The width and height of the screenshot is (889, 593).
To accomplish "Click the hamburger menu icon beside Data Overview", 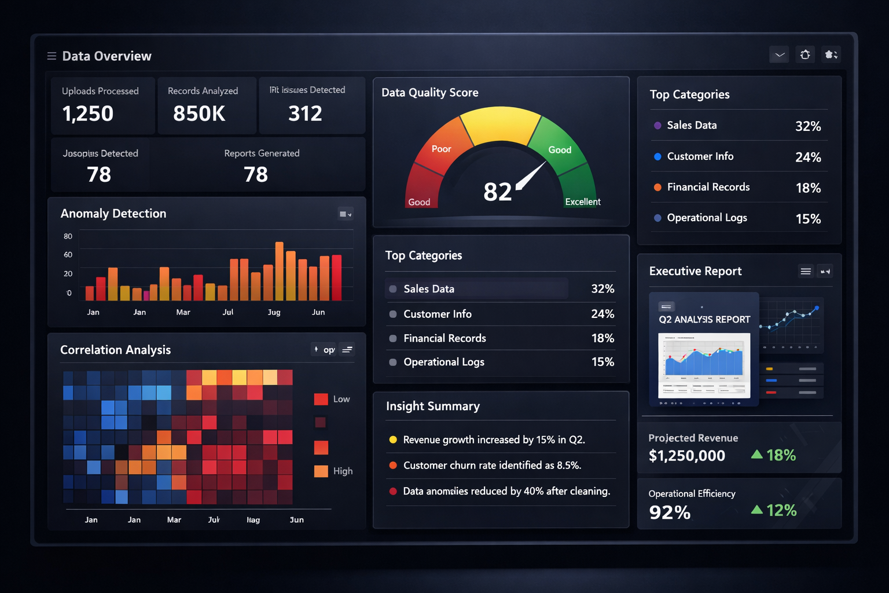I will (x=52, y=56).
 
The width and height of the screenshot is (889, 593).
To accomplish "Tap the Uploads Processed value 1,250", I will (x=88, y=114).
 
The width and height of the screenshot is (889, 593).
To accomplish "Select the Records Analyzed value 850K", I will (x=199, y=114).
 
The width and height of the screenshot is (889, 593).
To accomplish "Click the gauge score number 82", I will (x=498, y=192).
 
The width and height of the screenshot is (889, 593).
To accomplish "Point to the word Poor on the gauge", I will (x=441, y=149).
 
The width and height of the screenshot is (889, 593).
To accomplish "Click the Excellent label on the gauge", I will (x=582, y=202).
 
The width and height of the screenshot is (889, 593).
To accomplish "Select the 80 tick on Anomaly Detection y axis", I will (x=68, y=236).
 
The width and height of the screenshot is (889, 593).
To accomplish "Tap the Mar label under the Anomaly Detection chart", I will (x=183, y=312).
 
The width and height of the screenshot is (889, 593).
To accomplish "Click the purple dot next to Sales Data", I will (x=657, y=125).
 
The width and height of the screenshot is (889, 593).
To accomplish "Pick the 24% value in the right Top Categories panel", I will (x=808, y=157).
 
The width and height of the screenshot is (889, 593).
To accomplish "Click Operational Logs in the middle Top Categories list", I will (x=443, y=362).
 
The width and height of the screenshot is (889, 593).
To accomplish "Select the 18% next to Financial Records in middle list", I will (x=603, y=338).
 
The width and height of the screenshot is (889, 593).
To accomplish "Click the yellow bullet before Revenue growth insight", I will (x=393, y=440).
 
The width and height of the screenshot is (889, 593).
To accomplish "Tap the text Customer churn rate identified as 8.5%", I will (x=492, y=466).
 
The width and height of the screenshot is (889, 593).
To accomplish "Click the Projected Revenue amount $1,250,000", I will (x=686, y=456).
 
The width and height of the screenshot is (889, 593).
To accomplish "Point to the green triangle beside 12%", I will (x=756, y=510).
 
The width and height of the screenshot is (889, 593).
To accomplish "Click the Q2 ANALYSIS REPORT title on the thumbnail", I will (x=704, y=320).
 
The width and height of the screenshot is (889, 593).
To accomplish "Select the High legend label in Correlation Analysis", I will (x=343, y=471).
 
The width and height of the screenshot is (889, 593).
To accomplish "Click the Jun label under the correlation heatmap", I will (x=296, y=520).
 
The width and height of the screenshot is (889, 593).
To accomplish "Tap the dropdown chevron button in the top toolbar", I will (x=780, y=55).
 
